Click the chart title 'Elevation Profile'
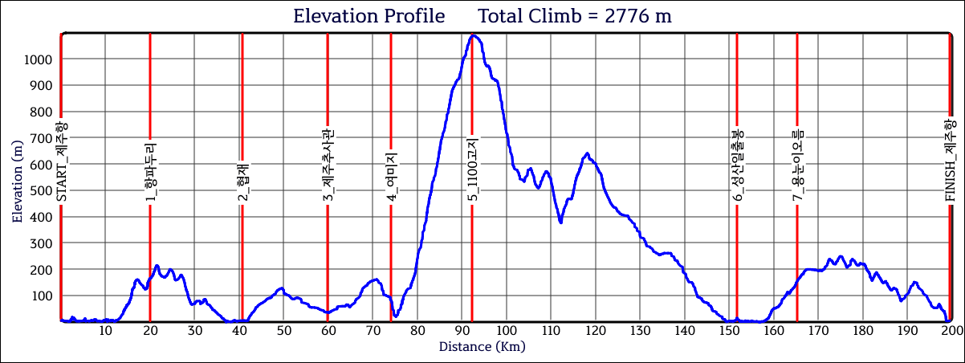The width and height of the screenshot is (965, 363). (x=368, y=16)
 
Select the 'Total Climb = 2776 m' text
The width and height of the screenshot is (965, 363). (x=575, y=16)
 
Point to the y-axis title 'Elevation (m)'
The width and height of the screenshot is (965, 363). (x=17, y=177)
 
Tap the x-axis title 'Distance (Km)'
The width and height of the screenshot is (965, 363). (x=482, y=347)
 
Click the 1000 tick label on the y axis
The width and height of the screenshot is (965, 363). (x=38, y=59)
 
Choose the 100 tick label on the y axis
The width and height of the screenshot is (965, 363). (x=41, y=296)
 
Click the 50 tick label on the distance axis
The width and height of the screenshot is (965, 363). (x=283, y=330)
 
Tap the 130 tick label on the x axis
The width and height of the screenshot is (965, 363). (x=639, y=330)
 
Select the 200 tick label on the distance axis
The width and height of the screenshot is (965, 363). (x=951, y=330)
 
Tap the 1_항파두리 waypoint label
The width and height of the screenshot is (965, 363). (x=150, y=172)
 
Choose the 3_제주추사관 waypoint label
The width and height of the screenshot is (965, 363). (x=328, y=165)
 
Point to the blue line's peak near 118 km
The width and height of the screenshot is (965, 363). (x=587, y=153)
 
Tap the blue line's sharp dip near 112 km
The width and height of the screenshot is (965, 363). (x=560, y=222)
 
